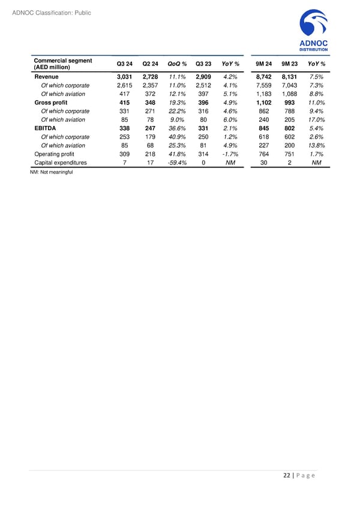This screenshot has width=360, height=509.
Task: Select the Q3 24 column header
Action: coord(125,64)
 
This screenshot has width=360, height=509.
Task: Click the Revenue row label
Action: coord(47,77)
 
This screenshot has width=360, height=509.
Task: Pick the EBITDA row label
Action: coord(46,128)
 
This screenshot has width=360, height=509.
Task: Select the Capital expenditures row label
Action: coord(61,162)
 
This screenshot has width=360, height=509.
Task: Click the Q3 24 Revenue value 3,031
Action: coord(124,77)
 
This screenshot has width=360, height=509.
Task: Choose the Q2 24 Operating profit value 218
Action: coord(150,154)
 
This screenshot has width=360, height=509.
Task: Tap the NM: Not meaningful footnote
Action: coord(51,173)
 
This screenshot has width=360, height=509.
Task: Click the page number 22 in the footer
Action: coord(287,477)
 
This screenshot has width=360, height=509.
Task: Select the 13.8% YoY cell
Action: coord(317,145)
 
